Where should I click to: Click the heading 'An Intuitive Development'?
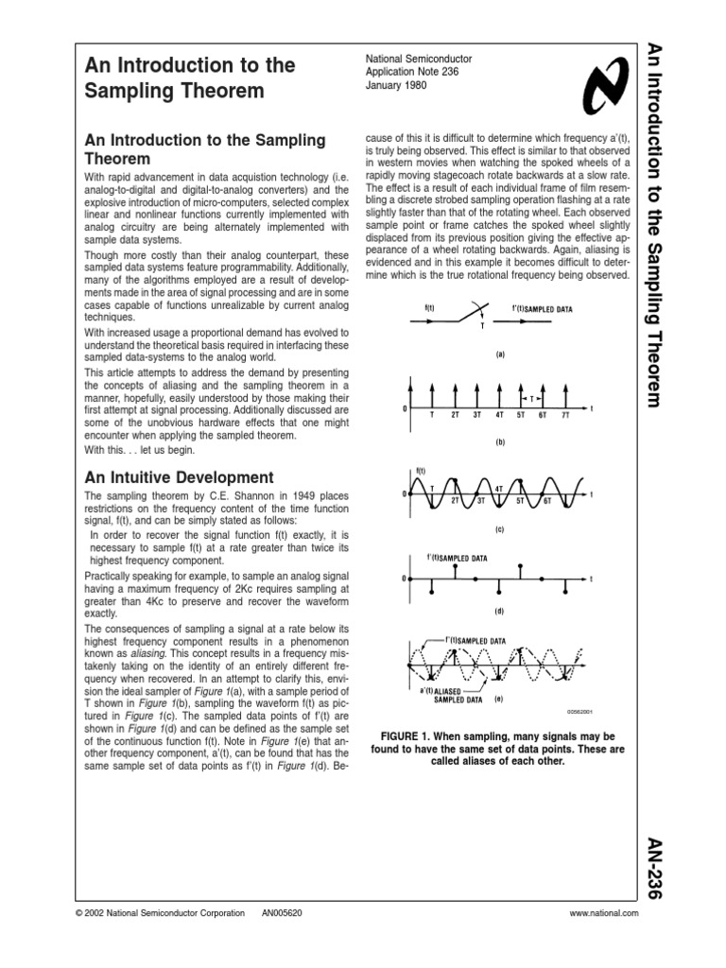(x=180, y=477)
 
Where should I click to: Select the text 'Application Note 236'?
(x=411, y=72)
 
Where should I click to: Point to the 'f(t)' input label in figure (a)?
(x=431, y=307)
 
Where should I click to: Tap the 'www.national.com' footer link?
(x=605, y=913)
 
